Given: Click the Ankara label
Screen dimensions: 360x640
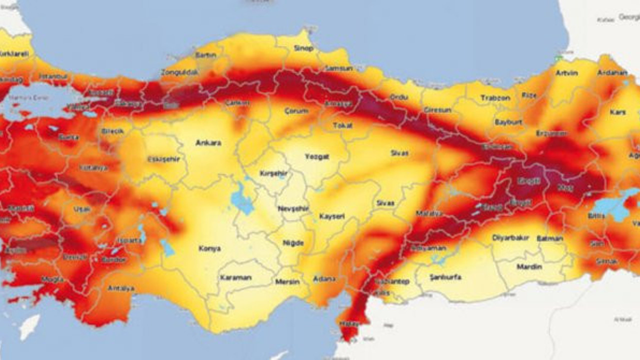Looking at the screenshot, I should point(208,143).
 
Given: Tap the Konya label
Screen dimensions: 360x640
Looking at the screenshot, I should point(209,248).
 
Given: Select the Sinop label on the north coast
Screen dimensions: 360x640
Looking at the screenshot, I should point(304,48).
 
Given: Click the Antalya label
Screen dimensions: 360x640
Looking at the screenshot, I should point(121,288).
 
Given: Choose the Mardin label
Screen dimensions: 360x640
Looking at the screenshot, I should point(529,267).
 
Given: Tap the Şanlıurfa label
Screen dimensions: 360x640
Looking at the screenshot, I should point(445,277).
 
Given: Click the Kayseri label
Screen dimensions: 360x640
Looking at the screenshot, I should point(332,216).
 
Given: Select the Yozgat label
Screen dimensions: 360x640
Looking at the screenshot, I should point(317,156).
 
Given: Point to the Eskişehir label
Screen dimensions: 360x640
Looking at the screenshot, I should point(163,159).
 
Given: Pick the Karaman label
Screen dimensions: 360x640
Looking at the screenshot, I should point(235,277).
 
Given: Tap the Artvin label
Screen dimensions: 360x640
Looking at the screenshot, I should point(566,73).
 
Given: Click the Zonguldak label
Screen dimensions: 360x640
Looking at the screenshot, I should point(179,72).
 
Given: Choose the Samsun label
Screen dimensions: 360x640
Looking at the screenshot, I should point(338,68).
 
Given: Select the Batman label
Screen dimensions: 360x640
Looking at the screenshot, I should point(550,238).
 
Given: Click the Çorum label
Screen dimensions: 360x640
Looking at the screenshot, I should point(296,110).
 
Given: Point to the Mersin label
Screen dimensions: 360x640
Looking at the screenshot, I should point(287,282).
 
